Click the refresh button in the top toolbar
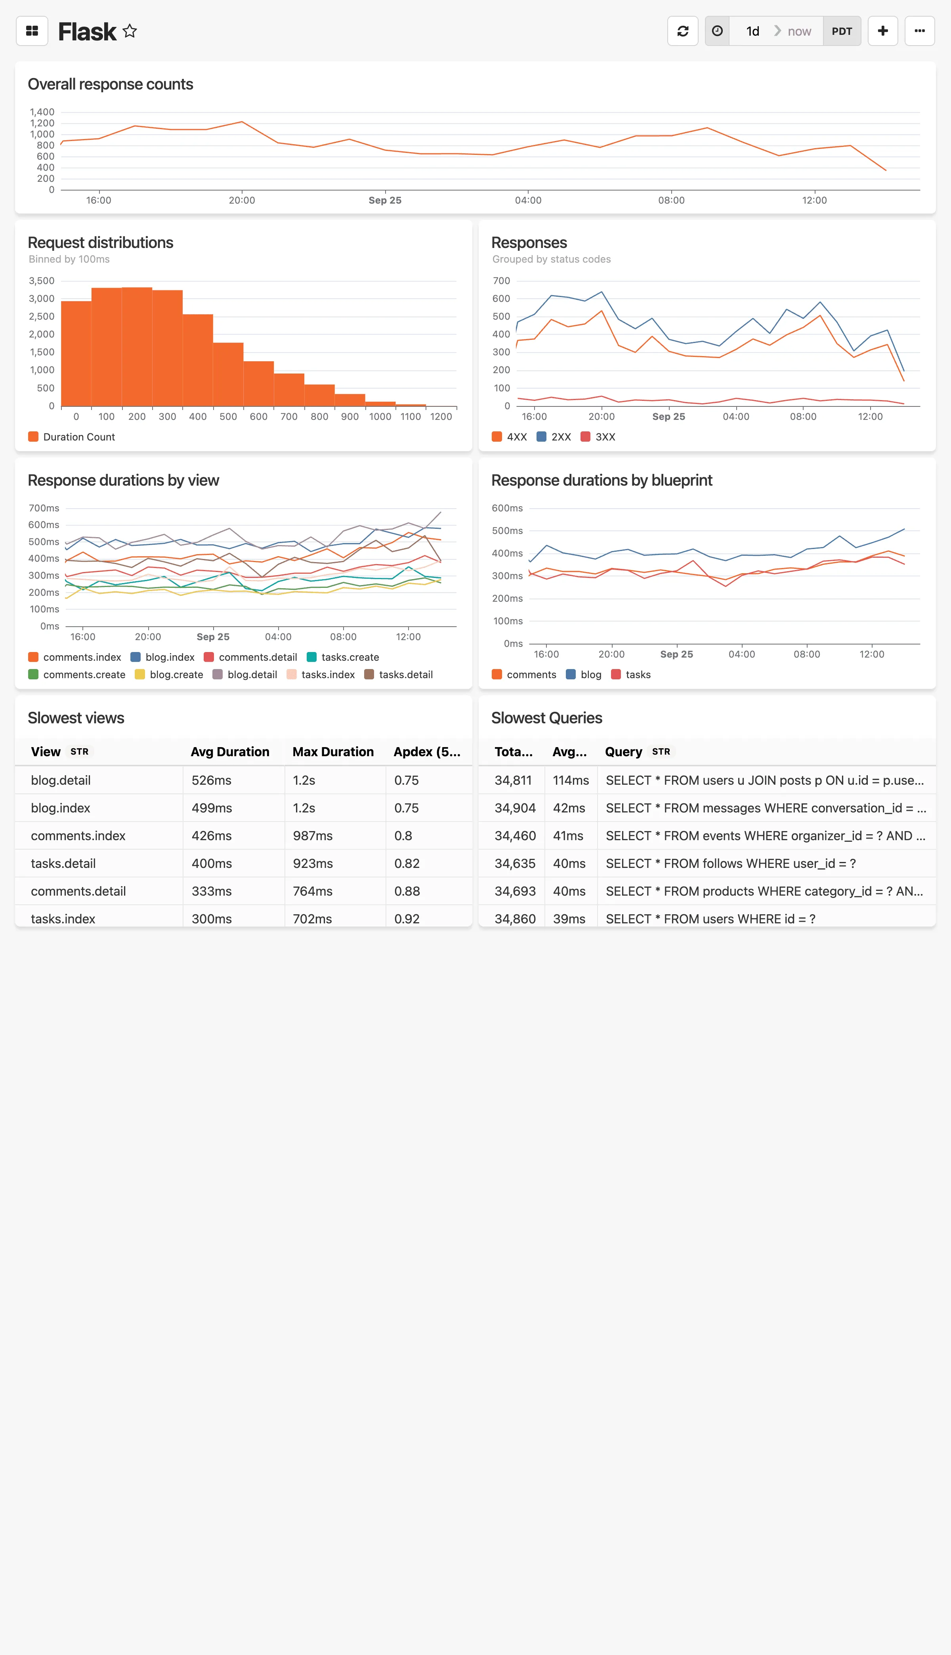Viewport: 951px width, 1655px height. click(x=683, y=31)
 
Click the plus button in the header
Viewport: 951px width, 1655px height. click(x=882, y=31)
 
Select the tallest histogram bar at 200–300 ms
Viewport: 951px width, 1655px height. click(x=137, y=346)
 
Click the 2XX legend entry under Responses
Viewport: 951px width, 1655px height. click(x=554, y=437)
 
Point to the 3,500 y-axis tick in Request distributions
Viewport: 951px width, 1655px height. click(x=42, y=281)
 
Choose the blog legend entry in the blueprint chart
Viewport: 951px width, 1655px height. click(x=584, y=675)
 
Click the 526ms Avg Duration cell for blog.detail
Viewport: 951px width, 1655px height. click(x=212, y=780)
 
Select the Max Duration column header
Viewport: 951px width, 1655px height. click(x=333, y=751)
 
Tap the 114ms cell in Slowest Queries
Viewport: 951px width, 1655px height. click(x=570, y=780)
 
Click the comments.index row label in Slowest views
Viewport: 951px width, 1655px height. click(x=78, y=836)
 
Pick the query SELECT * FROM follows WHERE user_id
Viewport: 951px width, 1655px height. click(x=730, y=863)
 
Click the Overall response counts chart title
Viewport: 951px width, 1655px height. click(x=111, y=84)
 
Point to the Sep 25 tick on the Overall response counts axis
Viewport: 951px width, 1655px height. click(x=385, y=200)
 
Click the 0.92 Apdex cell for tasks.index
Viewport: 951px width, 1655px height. click(x=407, y=918)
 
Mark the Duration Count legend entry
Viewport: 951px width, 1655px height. click(x=72, y=437)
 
